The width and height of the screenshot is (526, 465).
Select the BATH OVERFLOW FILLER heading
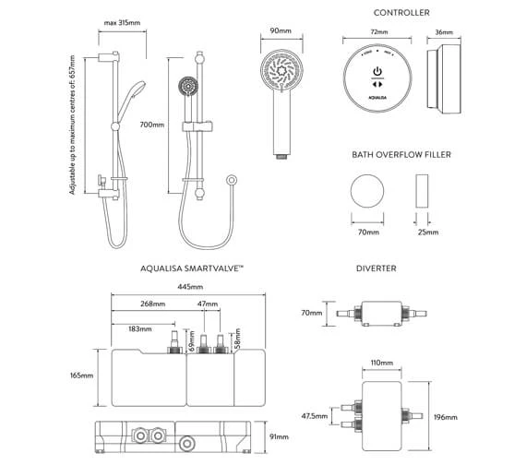coord(401,155)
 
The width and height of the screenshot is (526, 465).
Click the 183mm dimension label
coord(141,329)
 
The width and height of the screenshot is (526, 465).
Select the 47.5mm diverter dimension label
coord(315,416)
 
